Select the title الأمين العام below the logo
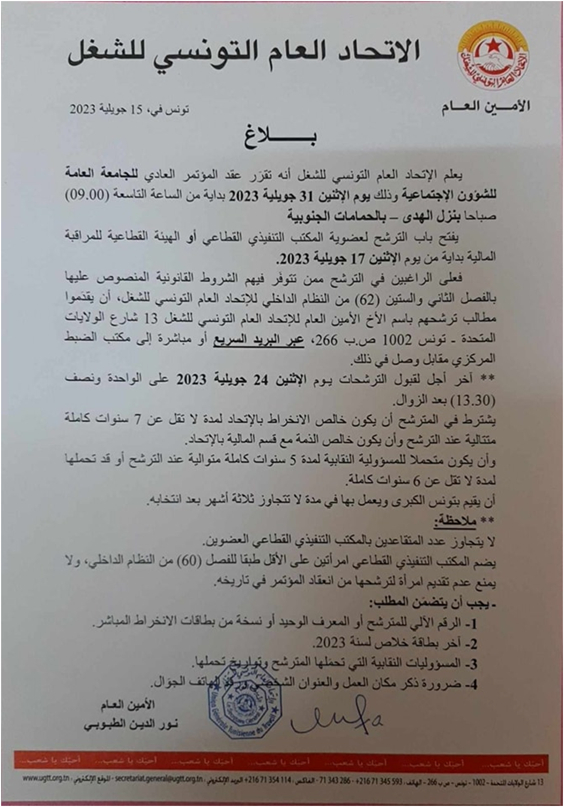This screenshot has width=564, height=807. coord(485,106)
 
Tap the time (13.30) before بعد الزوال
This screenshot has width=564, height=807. coord(476,400)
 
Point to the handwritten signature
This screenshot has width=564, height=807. coord(336,715)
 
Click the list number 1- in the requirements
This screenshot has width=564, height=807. coord(472,623)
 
